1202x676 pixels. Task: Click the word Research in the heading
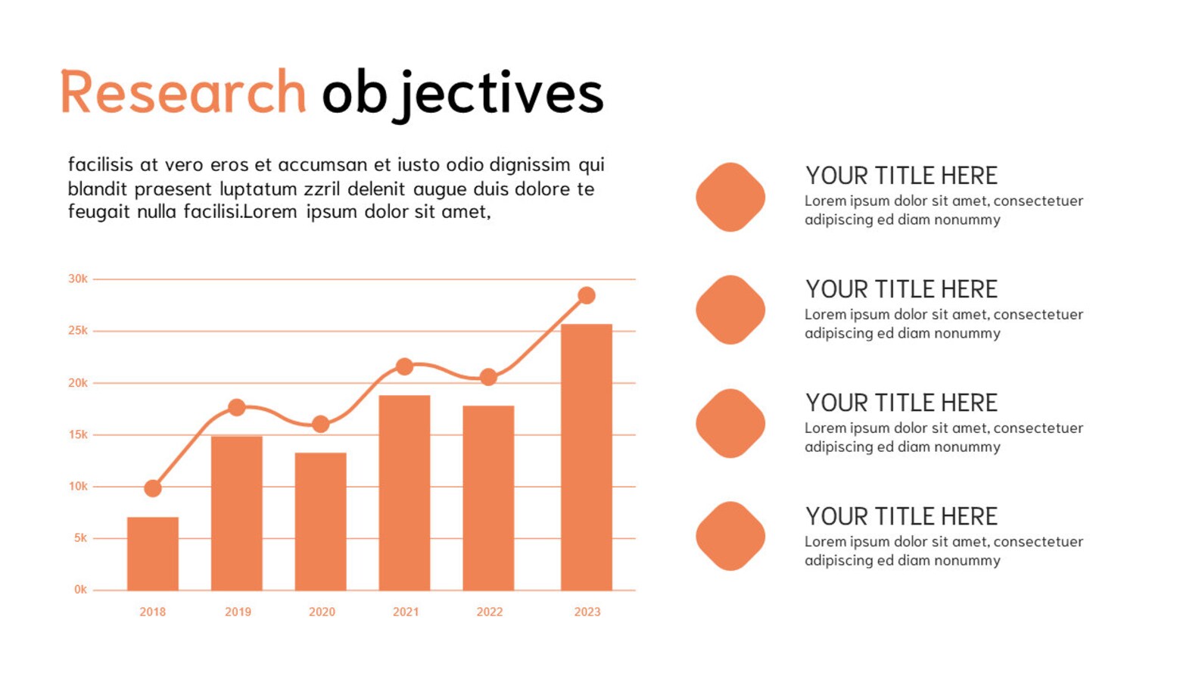(183, 93)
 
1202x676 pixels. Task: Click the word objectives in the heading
(462, 95)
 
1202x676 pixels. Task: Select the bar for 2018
(153, 553)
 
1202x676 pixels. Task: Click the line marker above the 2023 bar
(587, 295)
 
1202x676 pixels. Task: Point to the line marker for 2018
(153, 488)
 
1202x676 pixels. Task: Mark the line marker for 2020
(321, 424)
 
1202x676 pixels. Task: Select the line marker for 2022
(489, 376)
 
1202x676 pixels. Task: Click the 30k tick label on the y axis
(78, 279)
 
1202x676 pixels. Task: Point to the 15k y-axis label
(78, 435)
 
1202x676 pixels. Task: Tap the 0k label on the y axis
(80, 590)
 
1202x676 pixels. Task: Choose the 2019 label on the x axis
(238, 612)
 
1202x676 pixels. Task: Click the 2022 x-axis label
(489, 612)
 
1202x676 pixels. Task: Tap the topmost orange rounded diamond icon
(730, 197)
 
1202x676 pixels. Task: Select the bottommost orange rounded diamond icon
(730, 536)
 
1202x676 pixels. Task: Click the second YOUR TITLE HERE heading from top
(901, 289)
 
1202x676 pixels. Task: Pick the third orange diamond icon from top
(730, 423)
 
